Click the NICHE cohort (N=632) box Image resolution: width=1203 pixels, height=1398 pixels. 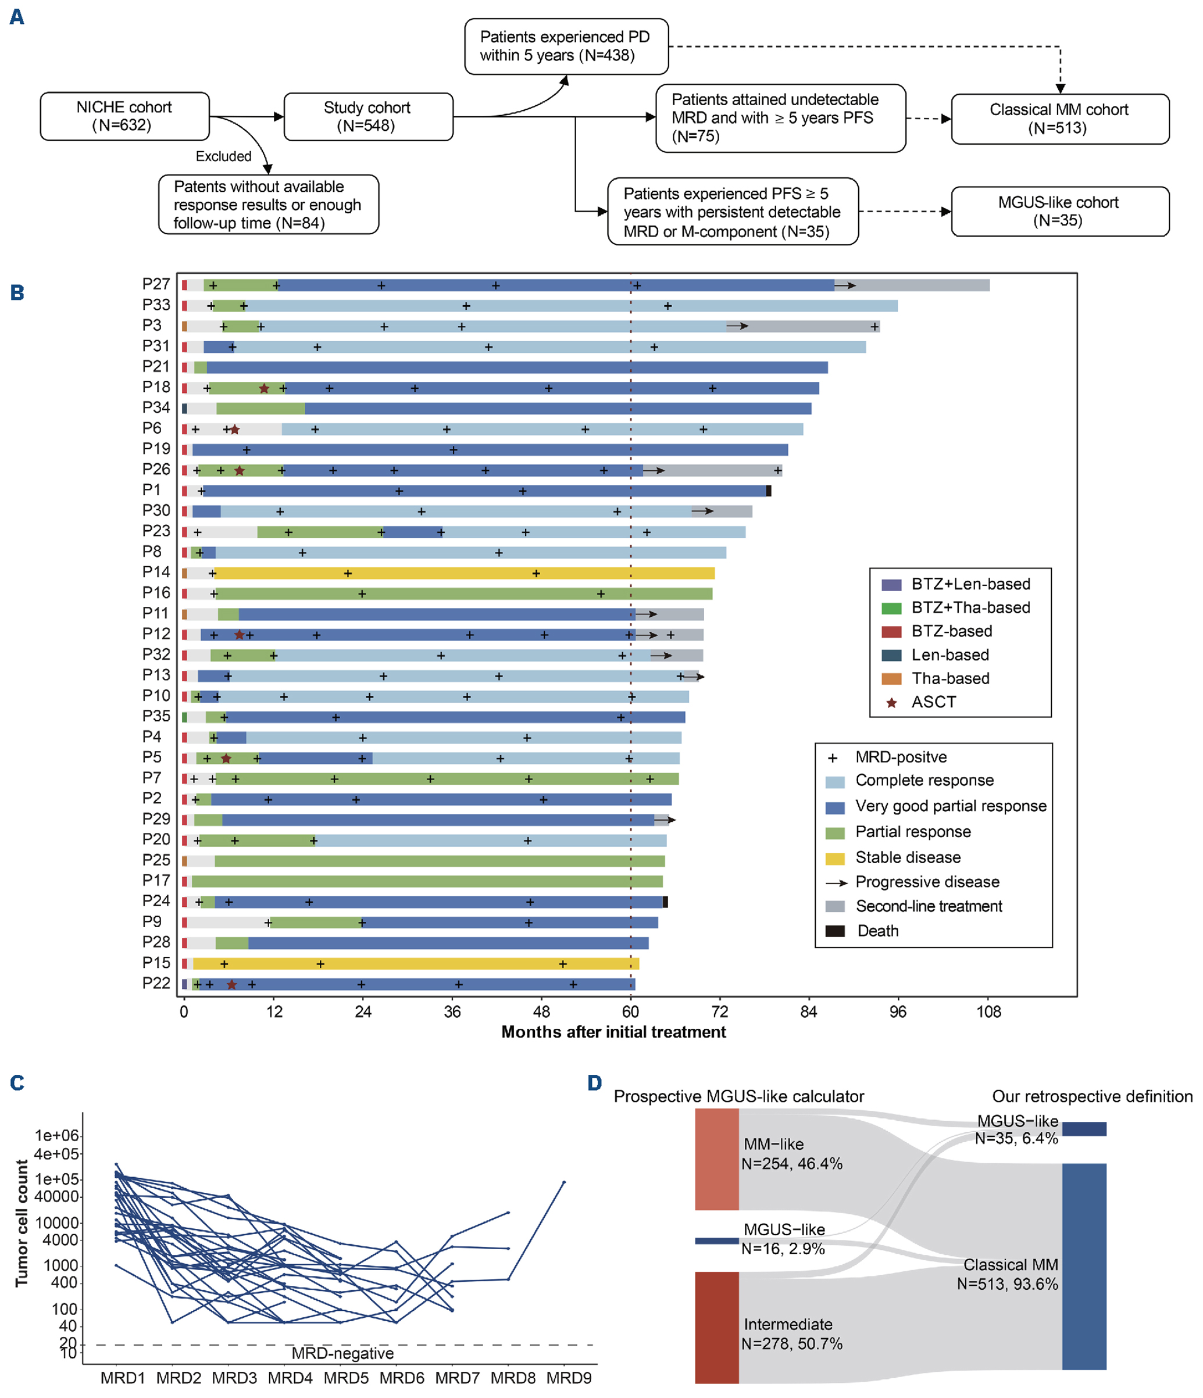[124, 116]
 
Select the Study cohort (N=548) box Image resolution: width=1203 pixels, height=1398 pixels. [367, 117]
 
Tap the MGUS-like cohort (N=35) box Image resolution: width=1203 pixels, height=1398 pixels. [1059, 211]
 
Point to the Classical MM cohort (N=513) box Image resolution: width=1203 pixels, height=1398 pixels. [1059, 119]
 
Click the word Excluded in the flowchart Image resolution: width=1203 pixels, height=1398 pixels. [223, 156]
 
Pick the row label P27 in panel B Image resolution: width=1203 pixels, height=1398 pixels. [156, 284]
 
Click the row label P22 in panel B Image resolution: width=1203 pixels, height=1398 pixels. [156, 983]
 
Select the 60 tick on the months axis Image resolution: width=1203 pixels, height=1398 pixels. [630, 1012]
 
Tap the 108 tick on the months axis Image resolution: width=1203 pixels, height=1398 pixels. [988, 1012]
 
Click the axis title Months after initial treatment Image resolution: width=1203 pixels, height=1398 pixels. [613, 1032]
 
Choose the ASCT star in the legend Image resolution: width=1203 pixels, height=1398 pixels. [891, 702]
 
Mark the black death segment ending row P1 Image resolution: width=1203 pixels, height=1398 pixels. [769, 491]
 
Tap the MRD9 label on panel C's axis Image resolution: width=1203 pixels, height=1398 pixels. [569, 1378]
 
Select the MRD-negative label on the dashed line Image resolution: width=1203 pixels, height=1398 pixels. [342, 1353]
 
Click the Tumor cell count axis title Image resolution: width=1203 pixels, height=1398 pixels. [22, 1223]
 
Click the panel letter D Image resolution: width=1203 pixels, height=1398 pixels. [594, 1083]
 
